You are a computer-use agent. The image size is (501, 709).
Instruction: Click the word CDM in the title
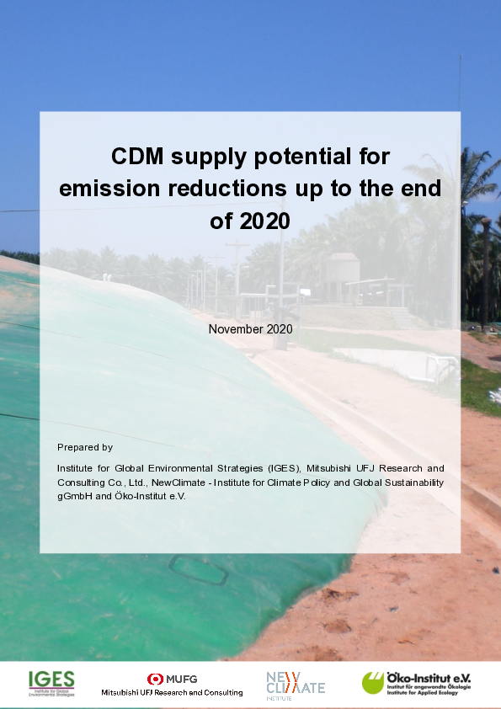tap(137, 157)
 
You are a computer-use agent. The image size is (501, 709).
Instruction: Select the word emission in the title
tap(109, 189)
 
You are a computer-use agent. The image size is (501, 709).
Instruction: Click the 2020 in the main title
tap(264, 221)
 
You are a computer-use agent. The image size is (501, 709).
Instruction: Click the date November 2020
tap(251, 329)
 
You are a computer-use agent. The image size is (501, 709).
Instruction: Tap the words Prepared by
tap(85, 447)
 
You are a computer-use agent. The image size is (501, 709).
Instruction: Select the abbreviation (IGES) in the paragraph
tap(284, 468)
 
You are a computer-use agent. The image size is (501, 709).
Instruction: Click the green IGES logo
tap(51, 683)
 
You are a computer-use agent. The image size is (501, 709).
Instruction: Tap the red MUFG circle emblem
tap(155, 679)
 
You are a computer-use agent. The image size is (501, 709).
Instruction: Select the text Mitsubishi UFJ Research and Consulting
tap(172, 692)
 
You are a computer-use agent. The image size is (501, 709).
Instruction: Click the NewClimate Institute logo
tap(296, 685)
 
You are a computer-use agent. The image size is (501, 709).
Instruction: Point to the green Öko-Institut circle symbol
tap(373, 683)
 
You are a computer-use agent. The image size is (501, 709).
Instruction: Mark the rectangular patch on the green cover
tap(198, 570)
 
